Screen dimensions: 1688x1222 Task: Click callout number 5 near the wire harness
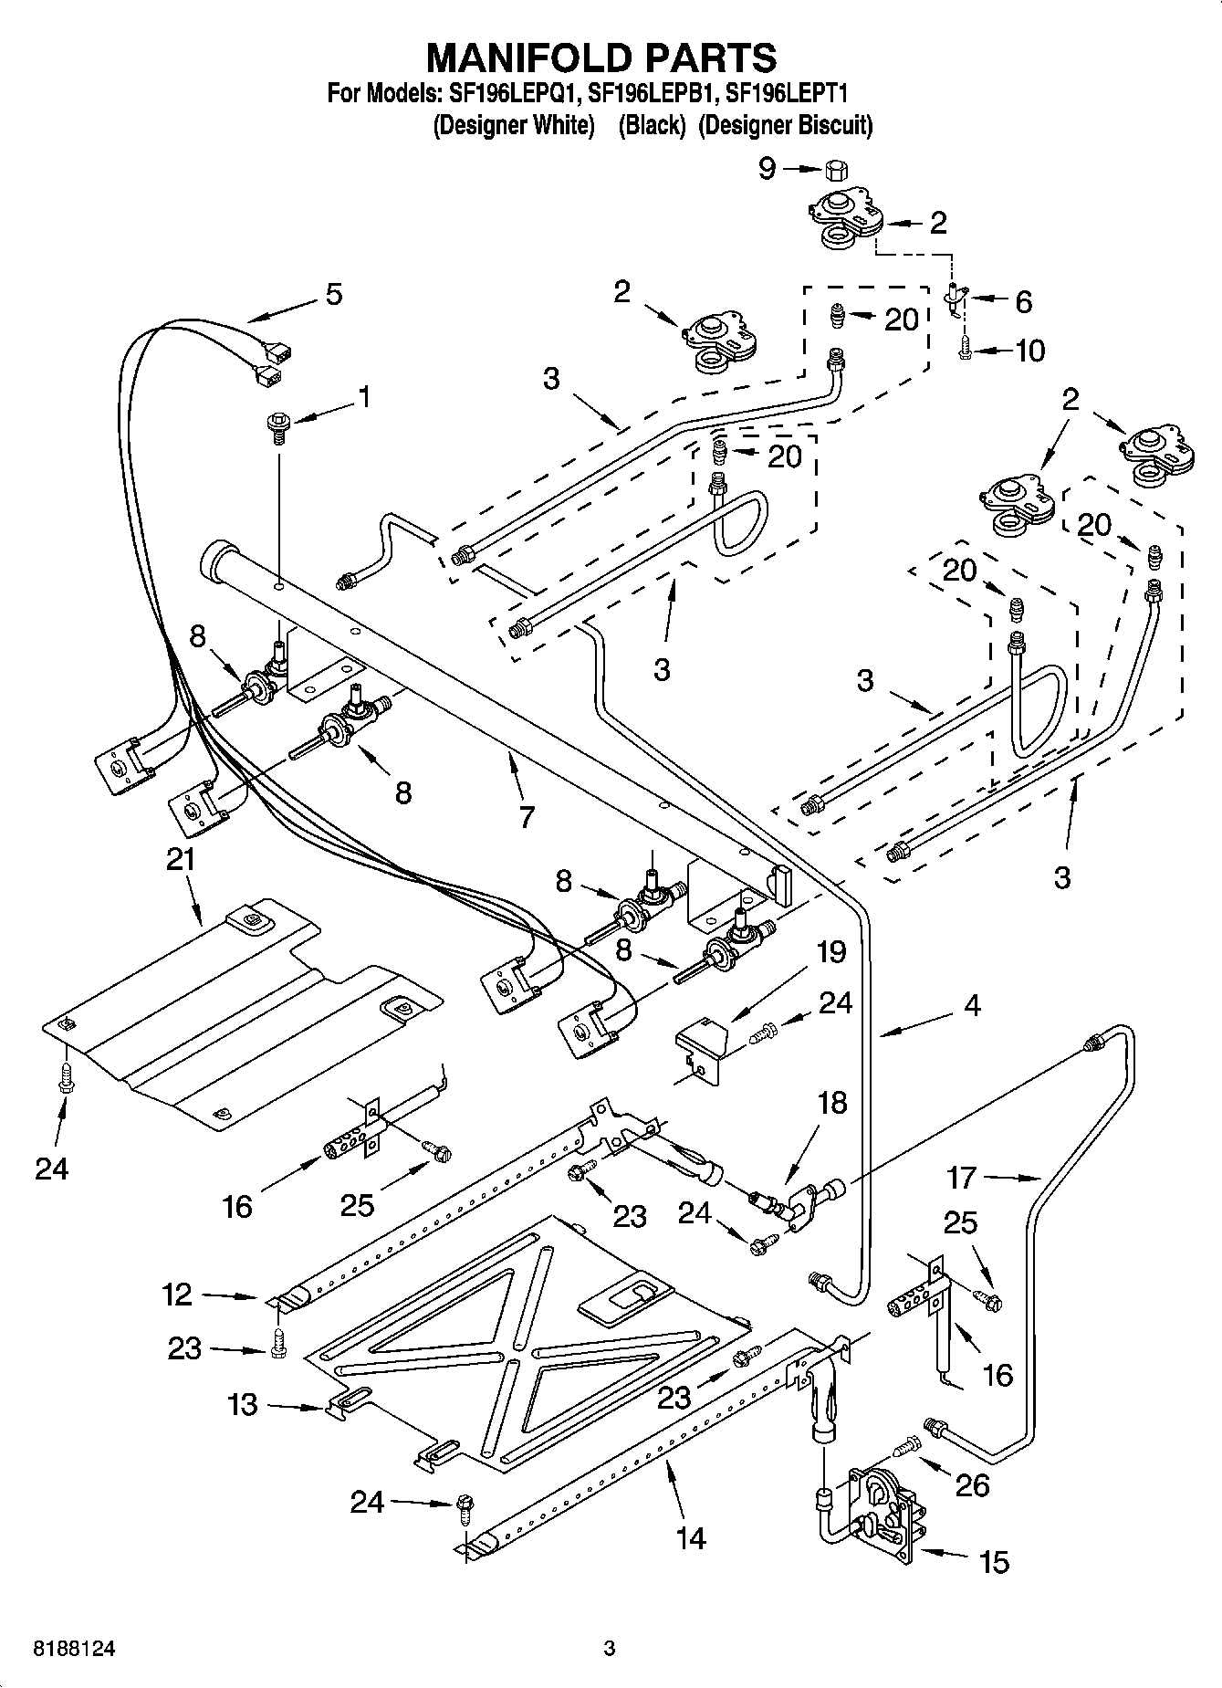334,294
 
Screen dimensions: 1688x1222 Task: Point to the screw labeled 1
277,425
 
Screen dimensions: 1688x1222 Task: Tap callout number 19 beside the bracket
830,952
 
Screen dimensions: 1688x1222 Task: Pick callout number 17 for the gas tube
961,1178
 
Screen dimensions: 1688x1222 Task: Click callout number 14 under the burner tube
691,1538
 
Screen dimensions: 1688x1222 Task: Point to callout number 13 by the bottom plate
242,1404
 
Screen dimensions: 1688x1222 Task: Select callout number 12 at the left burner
178,1294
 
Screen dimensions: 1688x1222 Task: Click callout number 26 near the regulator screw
972,1485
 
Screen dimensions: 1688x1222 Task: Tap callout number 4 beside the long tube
972,1006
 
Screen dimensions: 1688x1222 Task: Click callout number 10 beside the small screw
1029,351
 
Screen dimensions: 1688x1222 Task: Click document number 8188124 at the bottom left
63,1649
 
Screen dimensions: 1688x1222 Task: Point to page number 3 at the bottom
610,1649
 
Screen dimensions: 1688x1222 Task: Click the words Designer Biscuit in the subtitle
785,125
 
